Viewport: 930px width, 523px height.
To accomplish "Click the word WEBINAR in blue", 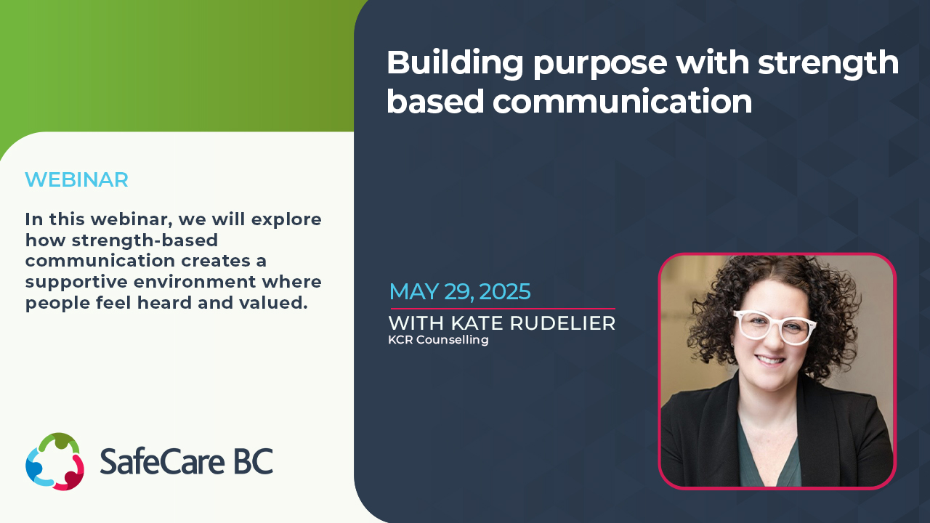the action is pyautogui.click(x=76, y=179).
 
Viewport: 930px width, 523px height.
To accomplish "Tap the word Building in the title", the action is pyautogui.click(x=455, y=63).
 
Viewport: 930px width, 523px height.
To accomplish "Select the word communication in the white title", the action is pyautogui.click(x=623, y=101).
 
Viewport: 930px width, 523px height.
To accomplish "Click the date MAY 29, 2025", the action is pyautogui.click(x=460, y=291).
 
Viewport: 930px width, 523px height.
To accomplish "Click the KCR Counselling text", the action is pyautogui.click(x=438, y=339).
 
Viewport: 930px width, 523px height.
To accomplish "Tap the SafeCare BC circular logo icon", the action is pyautogui.click(x=54, y=461).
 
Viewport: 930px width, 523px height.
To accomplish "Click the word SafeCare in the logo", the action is pyautogui.click(x=162, y=461).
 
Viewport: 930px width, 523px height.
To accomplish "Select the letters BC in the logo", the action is pyautogui.click(x=254, y=461).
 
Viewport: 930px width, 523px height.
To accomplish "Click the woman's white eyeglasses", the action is pyautogui.click(x=775, y=327).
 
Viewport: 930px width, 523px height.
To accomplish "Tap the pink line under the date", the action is pyautogui.click(x=503, y=309).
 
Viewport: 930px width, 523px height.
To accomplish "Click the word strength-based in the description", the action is pyautogui.click(x=145, y=240).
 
